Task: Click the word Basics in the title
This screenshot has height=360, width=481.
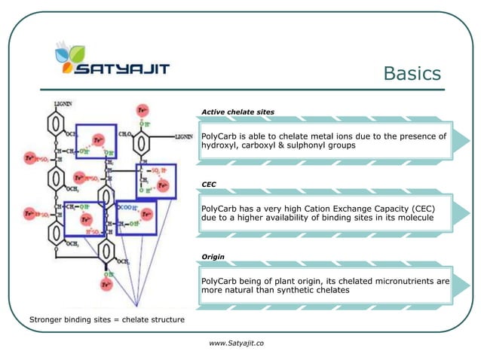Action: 412,73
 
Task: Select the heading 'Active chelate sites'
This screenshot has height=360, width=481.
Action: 237,111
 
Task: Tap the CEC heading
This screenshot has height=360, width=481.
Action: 209,184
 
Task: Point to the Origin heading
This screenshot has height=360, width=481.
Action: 213,257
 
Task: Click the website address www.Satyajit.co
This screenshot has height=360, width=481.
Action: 236,343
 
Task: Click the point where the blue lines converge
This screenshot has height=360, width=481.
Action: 136,306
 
